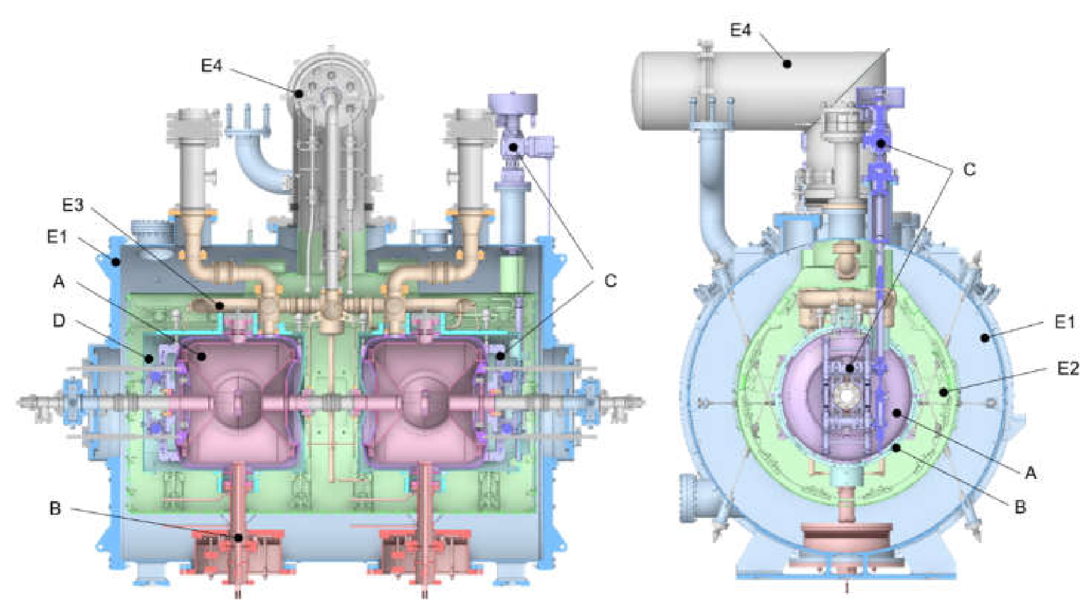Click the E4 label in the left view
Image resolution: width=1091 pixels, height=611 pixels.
pyautogui.click(x=211, y=65)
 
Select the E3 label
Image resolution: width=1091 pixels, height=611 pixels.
pyautogui.click(x=73, y=205)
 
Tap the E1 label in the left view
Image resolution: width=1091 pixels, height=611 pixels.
pyautogui.click(x=57, y=236)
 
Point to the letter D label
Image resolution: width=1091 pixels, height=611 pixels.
pyautogui.click(x=59, y=321)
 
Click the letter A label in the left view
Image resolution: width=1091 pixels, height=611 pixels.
pyautogui.click(x=59, y=282)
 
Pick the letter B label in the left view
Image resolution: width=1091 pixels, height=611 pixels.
pyautogui.click(x=55, y=509)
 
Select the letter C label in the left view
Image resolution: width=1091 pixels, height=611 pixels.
pyautogui.click(x=610, y=281)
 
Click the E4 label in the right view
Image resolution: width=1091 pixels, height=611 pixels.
pyautogui.click(x=740, y=30)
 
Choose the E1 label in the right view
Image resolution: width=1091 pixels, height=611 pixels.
pyautogui.click(x=1064, y=322)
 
